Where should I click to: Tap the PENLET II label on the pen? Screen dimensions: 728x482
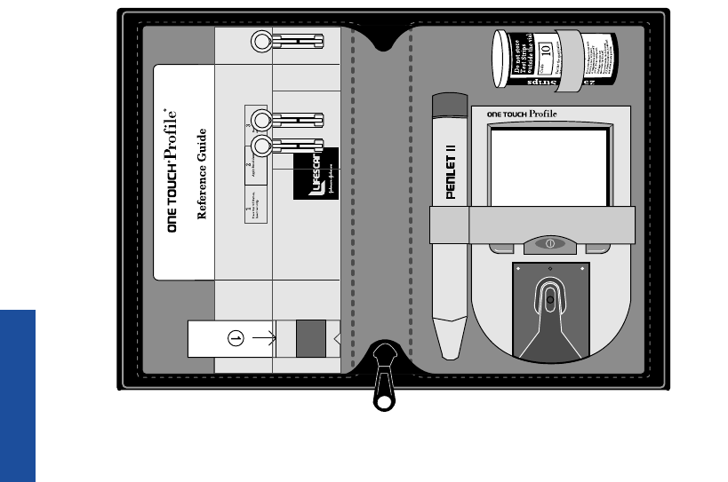point(451,169)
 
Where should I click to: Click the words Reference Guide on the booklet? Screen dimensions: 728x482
point(202,173)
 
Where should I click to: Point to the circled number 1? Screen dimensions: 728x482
point(236,337)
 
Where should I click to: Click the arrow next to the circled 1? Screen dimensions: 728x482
point(262,337)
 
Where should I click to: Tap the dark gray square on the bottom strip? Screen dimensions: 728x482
point(311,338)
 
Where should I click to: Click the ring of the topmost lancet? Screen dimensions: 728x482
point(261,41)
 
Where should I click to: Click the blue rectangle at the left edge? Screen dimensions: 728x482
point(18,395)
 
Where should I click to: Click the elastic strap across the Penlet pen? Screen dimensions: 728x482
point(449,225)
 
